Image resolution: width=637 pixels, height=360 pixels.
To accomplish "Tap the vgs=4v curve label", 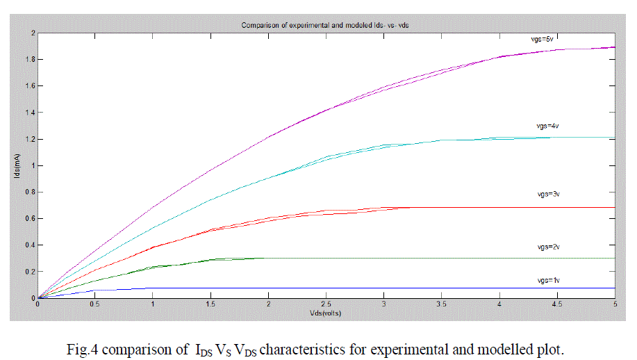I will tap(540, 126).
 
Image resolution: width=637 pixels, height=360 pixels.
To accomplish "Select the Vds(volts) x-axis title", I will tap(326, 313).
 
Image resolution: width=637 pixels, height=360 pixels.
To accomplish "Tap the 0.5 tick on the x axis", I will tap(95, 304).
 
